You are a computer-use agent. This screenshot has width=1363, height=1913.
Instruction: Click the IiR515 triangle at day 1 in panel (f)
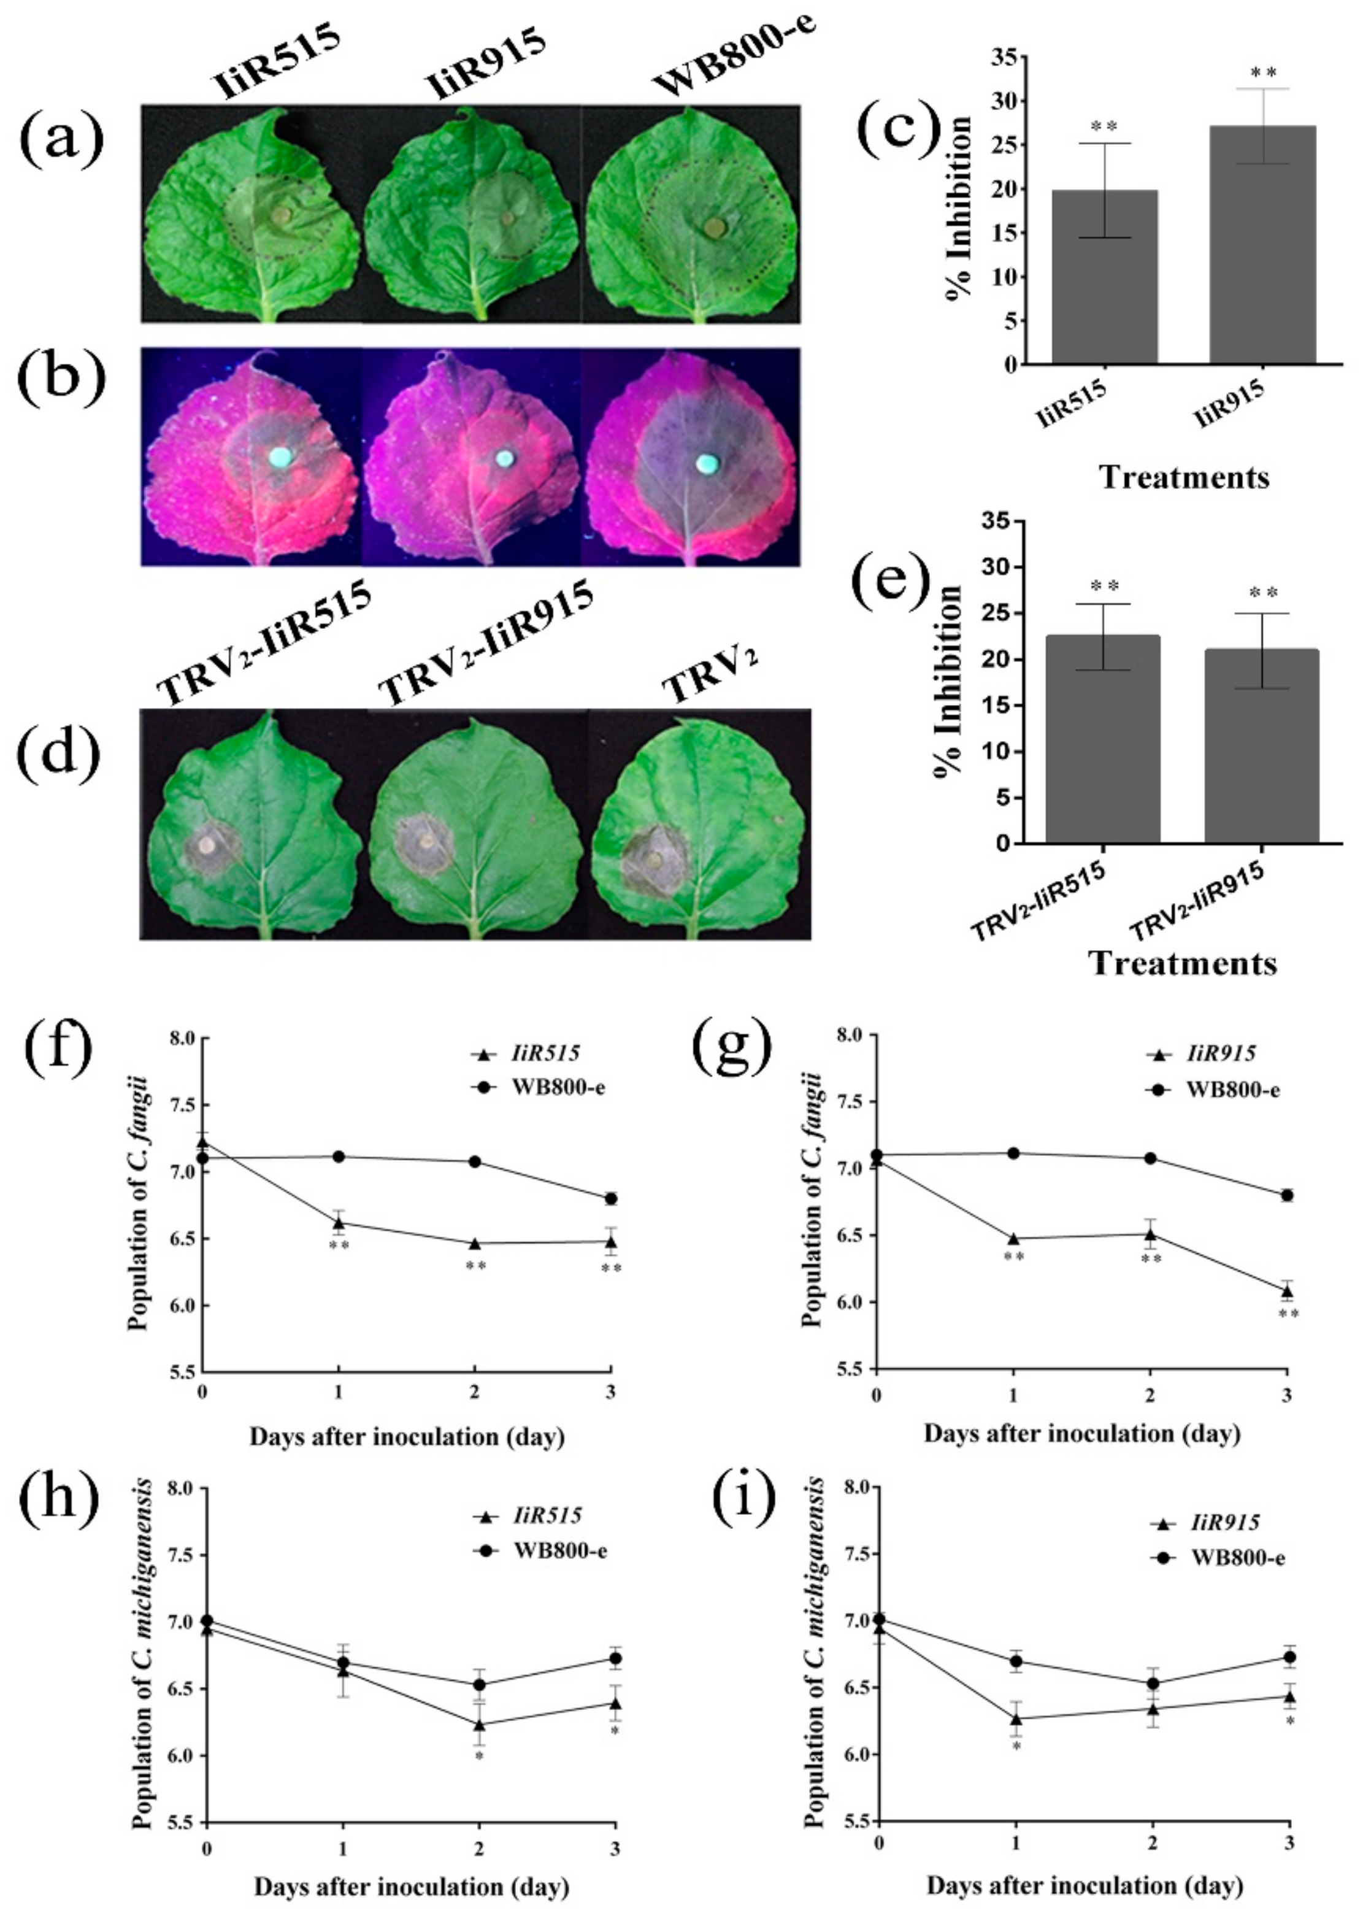tap(338, 1222)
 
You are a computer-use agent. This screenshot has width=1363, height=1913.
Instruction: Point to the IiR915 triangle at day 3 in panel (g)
tap(1286, 1290)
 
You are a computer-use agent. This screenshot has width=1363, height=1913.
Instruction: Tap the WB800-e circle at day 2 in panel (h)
tap(479, 1685)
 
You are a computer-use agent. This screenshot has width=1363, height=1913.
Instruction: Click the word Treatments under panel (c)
tap(1183, 477)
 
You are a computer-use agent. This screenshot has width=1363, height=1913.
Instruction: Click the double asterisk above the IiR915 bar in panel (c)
tap(1262, 74)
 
